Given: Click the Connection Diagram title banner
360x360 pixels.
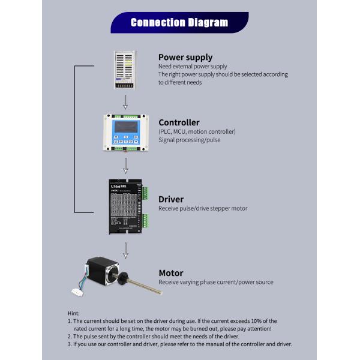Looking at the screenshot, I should [x=179, y=23].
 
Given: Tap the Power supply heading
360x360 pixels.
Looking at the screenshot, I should [x=186, y=58].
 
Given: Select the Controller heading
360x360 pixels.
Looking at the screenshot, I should [x=179, y=122].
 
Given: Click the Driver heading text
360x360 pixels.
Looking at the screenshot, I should [x=171, y=199].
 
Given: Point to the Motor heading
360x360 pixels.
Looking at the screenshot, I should [x=171, y=272].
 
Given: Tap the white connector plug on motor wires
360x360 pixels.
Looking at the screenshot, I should [x=77, y=295].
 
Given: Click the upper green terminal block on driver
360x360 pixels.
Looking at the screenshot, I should [x=145, y=194].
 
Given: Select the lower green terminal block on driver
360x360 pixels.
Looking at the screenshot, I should [x=145, y=220].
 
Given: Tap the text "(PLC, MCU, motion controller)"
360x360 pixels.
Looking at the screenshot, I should [x=197, y=131].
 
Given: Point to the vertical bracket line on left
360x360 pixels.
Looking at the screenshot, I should [x=74, y=138].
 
